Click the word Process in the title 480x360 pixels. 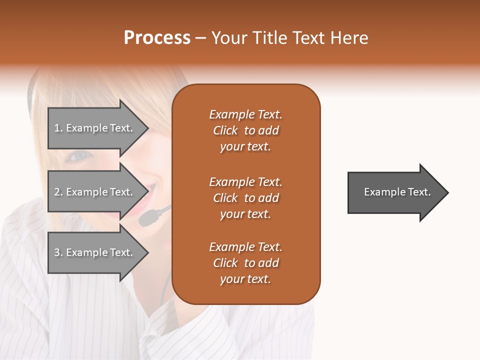point(157,38)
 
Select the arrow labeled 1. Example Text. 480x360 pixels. point(95,128)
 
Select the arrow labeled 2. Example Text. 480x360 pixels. point(95,192)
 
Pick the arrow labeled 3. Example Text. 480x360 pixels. point(95,252)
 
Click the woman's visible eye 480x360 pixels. point(80,156)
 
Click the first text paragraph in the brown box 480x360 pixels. point(245,130)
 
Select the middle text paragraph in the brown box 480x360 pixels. point(245,198)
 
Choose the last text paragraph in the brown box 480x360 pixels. point(245,263)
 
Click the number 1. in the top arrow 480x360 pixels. point(58,128)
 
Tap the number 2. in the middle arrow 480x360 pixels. point(58,192)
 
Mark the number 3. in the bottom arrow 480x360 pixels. point(58,252)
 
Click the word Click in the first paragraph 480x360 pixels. point(225,130)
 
